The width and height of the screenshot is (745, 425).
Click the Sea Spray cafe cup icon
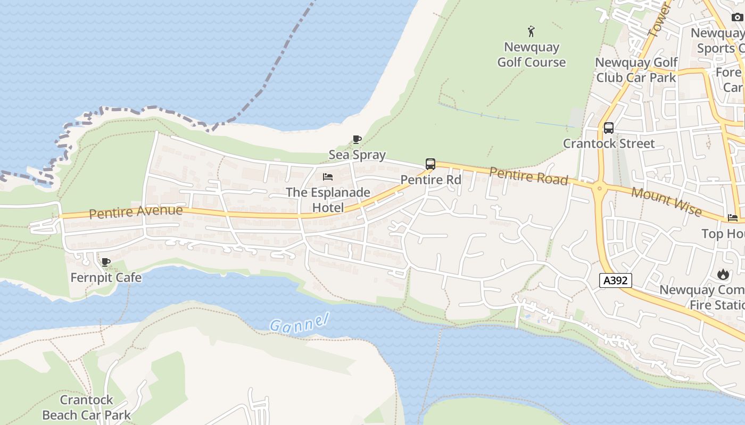[357, 140]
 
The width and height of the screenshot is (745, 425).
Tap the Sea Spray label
[357, 155]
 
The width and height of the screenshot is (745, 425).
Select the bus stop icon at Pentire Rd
[431, 164]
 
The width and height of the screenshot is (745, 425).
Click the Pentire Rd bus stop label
[431, 180]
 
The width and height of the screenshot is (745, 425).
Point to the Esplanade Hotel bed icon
[328, 177]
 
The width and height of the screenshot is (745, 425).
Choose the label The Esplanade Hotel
[328, 200]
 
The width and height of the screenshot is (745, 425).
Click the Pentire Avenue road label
[136, 212]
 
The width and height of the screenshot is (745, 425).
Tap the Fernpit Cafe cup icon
[106, 262]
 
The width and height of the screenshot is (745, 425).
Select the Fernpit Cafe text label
[106, 277]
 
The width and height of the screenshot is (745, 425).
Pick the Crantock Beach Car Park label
[86, 407]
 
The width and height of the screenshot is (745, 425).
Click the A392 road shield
[616, 280]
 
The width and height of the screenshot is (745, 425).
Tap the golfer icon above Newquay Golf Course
[531, 31]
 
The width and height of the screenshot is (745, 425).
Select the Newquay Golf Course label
[531, 55]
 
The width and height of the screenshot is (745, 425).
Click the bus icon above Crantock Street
[609, 128]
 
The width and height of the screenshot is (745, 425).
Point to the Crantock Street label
[609, 143]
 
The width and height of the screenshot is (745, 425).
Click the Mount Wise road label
[666, 202]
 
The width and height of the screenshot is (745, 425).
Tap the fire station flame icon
[723, 274]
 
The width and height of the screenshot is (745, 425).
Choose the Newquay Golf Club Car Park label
[636, 70]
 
